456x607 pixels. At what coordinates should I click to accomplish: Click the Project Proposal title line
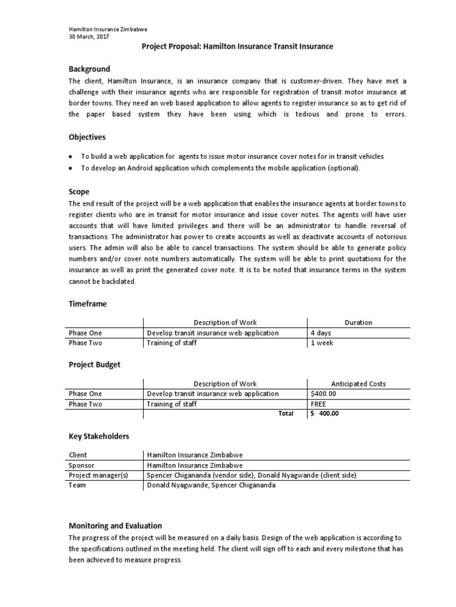tap(237, 47)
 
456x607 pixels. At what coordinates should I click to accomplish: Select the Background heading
tap(89, 69)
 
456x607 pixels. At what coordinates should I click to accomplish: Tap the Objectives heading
tap(87, 137)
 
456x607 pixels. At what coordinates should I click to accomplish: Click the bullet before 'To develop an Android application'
tap(71, 168)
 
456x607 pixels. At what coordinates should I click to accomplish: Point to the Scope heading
tap(79, 192)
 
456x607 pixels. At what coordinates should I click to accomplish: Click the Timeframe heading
tap(87, 303)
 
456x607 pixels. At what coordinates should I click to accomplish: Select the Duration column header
tap(358, 322)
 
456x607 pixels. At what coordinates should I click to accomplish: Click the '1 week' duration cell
tap(322, 343)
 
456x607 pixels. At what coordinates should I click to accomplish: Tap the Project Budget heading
tap(94, 365)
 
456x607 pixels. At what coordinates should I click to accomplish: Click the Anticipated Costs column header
tap(358, 384)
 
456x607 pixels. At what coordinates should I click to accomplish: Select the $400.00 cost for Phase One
tap(323, 394)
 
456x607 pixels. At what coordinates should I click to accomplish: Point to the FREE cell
tap(318, 404)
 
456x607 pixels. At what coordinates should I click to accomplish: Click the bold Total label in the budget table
tap(286, 414)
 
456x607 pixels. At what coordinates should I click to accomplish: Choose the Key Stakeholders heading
tap(99, 436)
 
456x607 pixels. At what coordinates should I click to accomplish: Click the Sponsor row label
tap(83, 465)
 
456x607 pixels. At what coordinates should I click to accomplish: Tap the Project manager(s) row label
tap(99, 475)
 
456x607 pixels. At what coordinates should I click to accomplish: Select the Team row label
tap(77, 485)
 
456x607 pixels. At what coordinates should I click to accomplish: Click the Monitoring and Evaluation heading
tap(115, 526)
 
